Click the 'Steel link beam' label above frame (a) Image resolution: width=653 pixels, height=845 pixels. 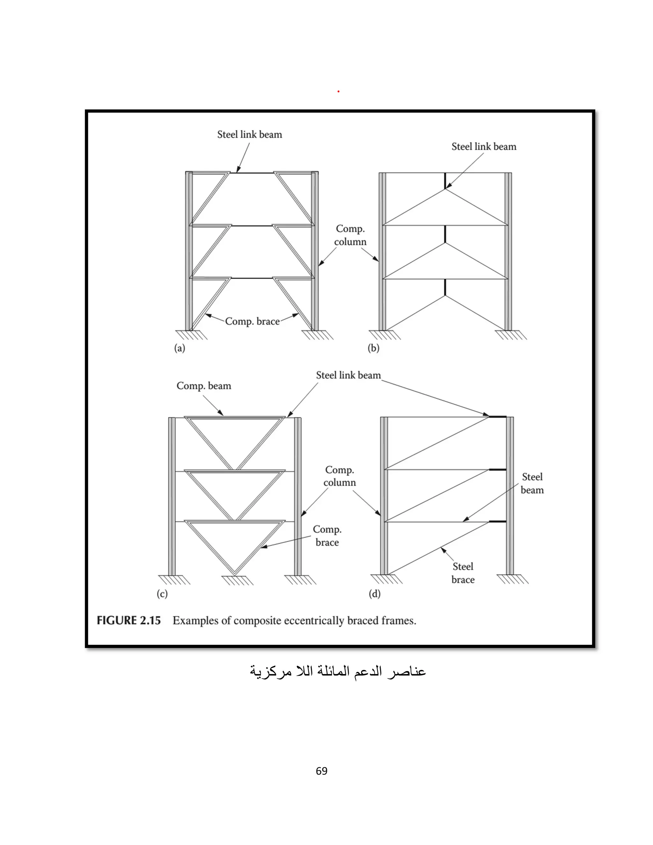(250, 135)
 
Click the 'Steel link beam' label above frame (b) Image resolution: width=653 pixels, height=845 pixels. (484, 147)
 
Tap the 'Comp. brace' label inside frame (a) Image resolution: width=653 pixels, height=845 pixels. (252, 321)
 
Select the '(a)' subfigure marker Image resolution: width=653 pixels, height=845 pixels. (180, 348)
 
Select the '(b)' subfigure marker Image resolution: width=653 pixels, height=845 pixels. (373, 348)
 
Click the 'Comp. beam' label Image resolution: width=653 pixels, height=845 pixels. (204, 386)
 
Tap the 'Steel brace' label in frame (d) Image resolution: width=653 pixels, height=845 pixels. (463, 573)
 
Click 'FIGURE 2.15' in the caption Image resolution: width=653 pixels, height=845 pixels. (128, 621)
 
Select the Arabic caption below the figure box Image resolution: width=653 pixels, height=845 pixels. (337, 671)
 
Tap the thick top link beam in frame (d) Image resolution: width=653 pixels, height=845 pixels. (497, 417)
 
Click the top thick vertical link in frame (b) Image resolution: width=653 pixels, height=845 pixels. (445, 181)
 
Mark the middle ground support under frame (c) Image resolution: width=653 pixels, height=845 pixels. (237, 580)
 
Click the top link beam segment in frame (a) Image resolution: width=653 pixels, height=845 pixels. (252, 173)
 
